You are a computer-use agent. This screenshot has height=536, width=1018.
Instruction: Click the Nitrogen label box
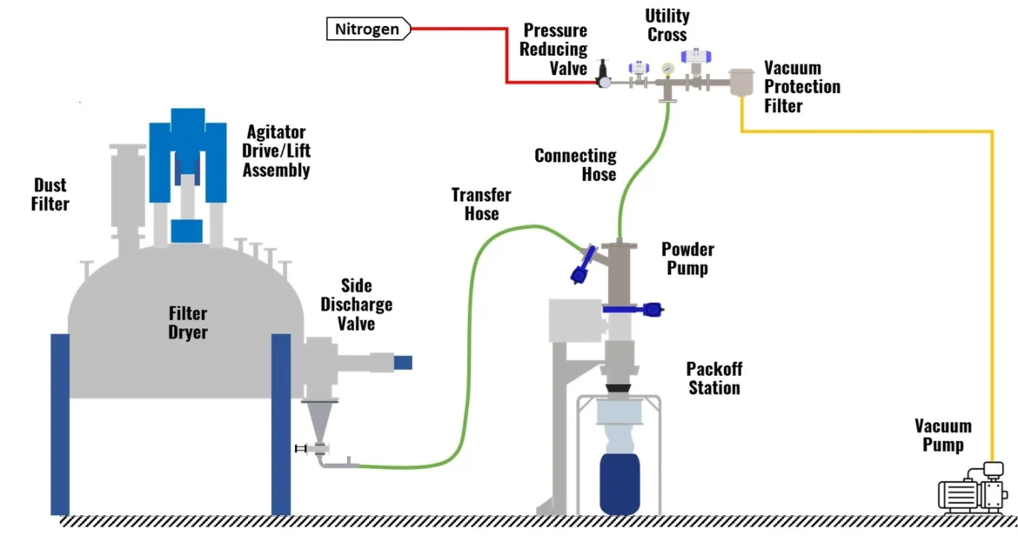[x=367, y=30]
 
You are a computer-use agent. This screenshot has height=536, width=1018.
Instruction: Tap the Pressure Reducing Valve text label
[x=553, y=50]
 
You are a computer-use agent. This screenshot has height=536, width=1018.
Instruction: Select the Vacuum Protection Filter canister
[x=742, y=83]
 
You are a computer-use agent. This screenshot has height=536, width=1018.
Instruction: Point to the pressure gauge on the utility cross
[x=667, y=69]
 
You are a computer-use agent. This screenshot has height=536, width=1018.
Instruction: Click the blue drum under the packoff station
[x=620, y=480]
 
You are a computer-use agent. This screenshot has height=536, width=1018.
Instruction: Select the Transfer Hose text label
[x=480, y=204]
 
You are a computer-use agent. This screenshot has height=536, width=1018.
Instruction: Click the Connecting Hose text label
[x=575, y=164]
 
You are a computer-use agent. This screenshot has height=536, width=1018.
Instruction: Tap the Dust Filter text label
[x=50, y=194]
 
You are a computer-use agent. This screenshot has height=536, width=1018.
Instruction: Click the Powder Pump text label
[x=687, y=258]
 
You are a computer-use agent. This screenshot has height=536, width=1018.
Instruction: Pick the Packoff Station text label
[x=713, y=379]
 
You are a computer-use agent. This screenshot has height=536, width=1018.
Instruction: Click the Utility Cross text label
[x=667, y=25]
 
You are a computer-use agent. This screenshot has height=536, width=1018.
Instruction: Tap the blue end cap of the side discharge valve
[x=402, y=361]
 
